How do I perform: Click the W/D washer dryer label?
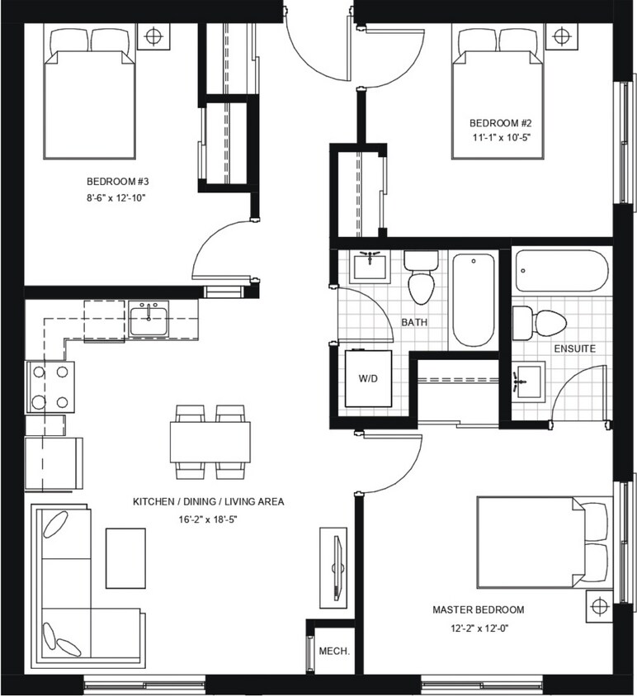pyautogui.click(x=366, y=378)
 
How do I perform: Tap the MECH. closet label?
pyautogui.click(x=334, y=651)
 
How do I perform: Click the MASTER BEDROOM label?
pyautogui.click(x=478, y=609)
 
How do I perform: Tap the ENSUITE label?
pyautogui.click(x=575, y=349)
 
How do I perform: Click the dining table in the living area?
pyautogui.click(x=210, y=441)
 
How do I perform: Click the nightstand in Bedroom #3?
pyautogui.click(x=154, y=37)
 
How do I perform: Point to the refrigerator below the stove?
pyautogui.click(x=53, y=463)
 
